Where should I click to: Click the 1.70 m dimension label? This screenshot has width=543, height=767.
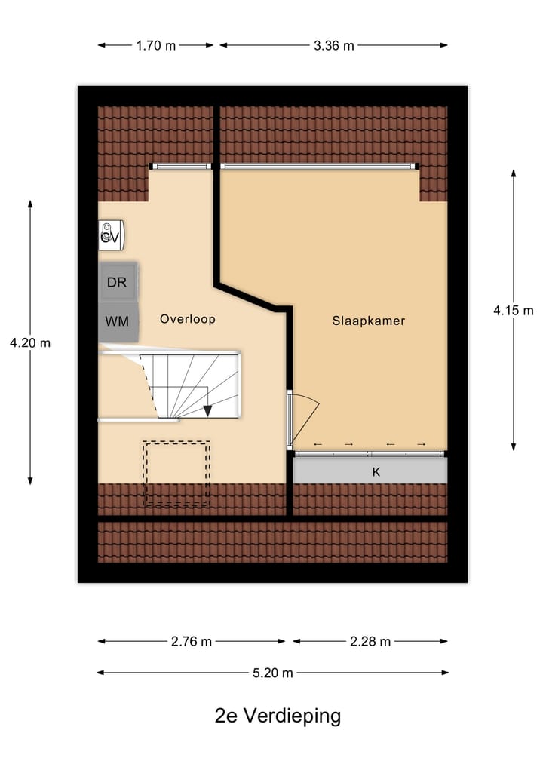pyautogui.click(x=155, y=45)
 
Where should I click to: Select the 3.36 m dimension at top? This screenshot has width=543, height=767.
pyautogui.click(x=333, y=45)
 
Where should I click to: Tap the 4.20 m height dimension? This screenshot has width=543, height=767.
pyautogui.click(x=30, y=342)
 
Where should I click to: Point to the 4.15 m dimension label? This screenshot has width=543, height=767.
pyautogui.click(x=514, y=309)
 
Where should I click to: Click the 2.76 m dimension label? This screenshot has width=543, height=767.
pyautogui.click(x=192, y=642)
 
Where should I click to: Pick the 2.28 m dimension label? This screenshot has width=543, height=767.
pyautogui.click(x=370, y=642)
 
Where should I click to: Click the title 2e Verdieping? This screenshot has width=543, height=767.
pyautogui.click(x=278, y=715)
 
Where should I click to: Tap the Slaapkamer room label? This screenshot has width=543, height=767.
pyautogui.click(x=368, y=321)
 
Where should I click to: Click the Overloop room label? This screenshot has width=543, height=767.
pyautogui.click(x=187, y=319)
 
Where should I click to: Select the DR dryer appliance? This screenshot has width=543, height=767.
pyautogui.click(x=117, y=283)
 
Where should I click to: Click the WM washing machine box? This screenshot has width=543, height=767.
pyautogui.click(x=117, y=321)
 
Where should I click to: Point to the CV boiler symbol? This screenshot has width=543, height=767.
pyautogui.click(x=110, y=235)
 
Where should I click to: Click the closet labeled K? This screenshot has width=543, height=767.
pyautogui.click(x=375, y=472)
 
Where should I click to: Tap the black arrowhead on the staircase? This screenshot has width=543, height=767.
pyautogui.click(x=207, y=410)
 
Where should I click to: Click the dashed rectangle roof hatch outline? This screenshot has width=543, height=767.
pyautogui.click(x=176, y=473)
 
